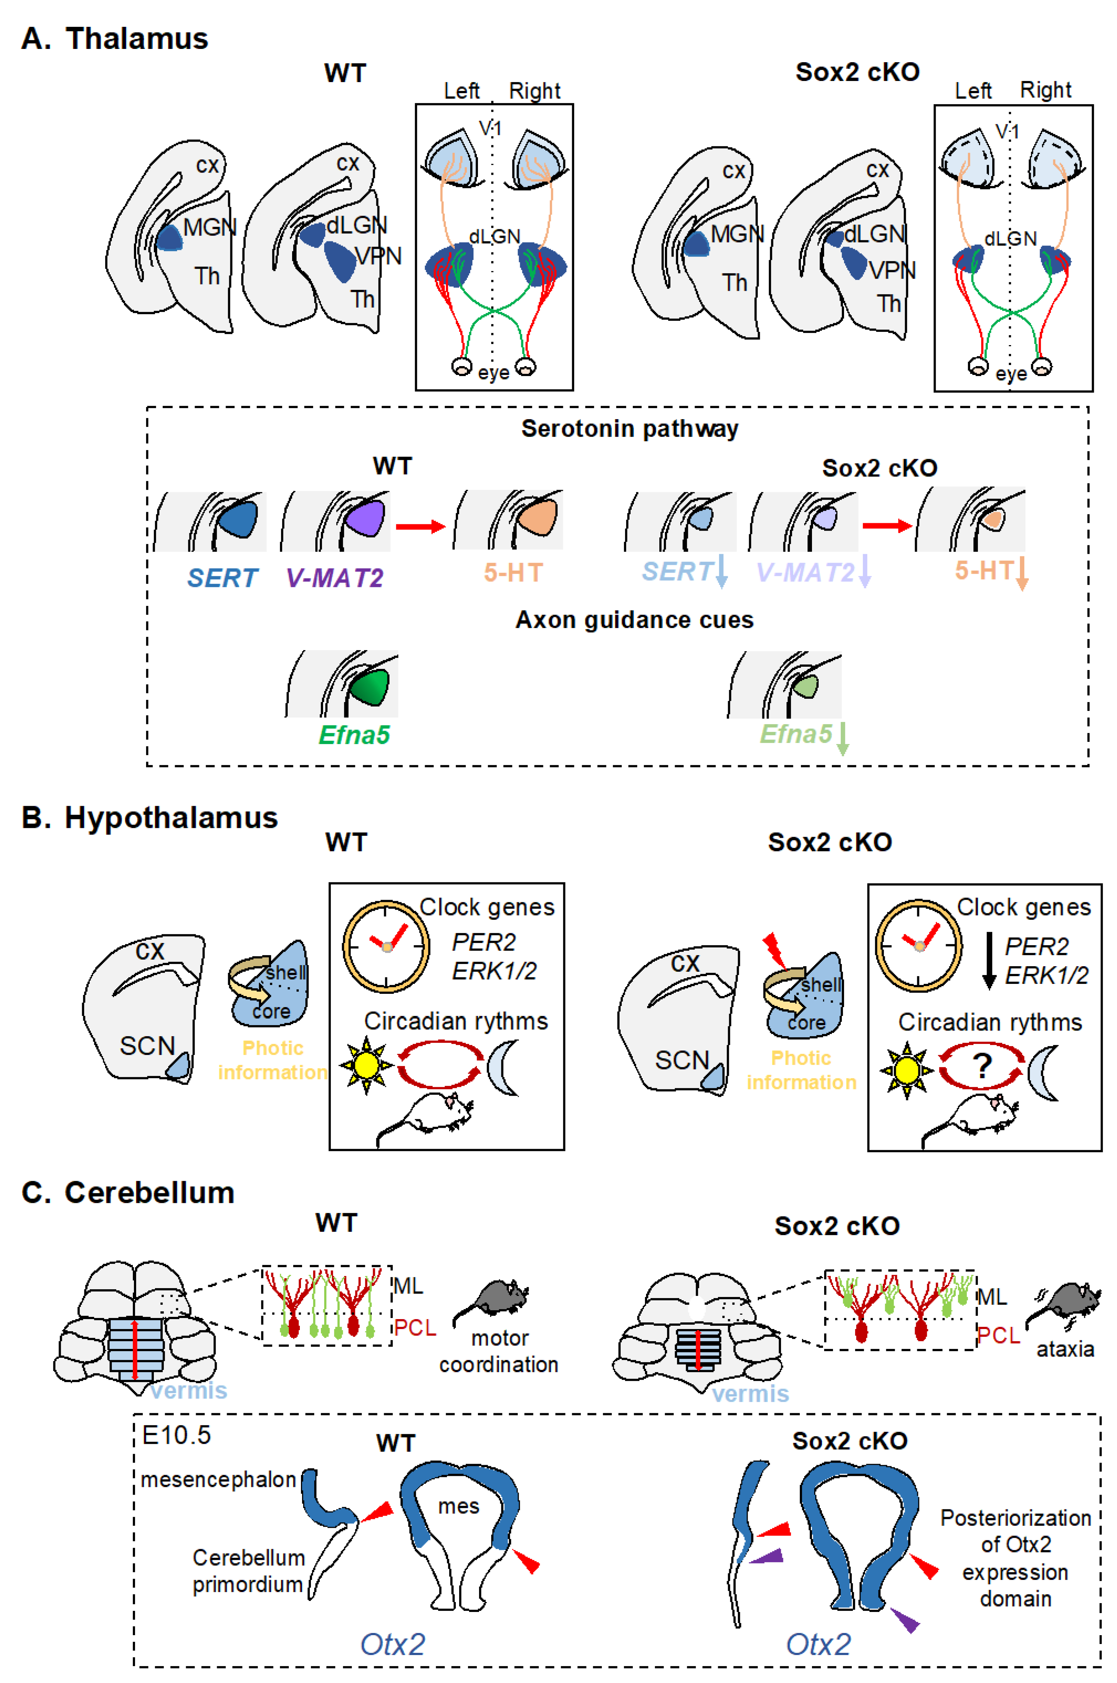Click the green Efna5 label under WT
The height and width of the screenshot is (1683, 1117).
coord(354,734)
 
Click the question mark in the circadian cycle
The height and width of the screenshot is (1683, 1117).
coord(982,1066)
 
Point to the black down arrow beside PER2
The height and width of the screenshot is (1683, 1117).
coord(989,960)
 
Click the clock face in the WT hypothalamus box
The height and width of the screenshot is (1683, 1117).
coord(386,947)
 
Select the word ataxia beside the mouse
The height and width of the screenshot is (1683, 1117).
coord(1065,1348)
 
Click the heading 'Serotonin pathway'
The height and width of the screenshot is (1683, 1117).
coord(630,428)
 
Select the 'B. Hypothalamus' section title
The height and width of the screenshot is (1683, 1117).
coord(150,817)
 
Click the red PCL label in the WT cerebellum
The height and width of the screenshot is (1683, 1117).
coord(415,1328)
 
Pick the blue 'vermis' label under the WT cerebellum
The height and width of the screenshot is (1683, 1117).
coord(189,1390)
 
